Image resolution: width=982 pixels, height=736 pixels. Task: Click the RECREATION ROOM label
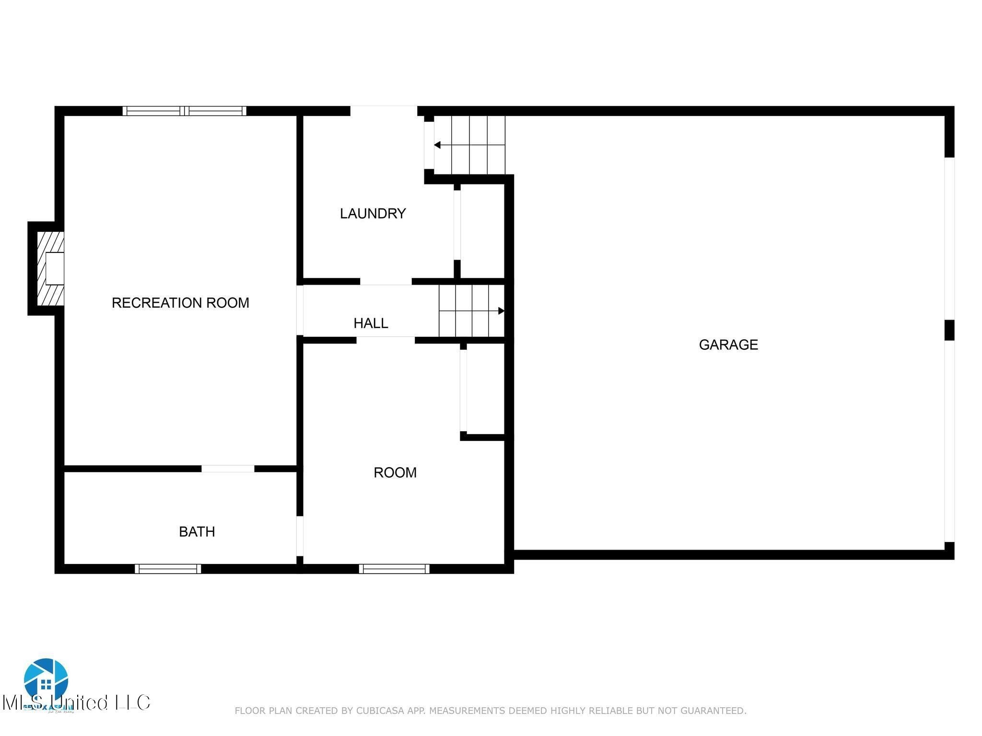pyautogui.click(x=180, y=303)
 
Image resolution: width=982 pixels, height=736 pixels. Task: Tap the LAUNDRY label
pyautogui.click(x=373, y=213)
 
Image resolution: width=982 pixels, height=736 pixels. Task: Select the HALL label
pyautogui.click(x=371, y=323)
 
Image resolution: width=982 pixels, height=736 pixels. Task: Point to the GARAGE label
pyautogui.click(x=728, y=345)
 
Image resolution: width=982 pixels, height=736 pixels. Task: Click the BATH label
pyautogui.click(x=197, y=531)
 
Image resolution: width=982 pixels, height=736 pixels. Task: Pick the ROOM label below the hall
pyautogui.click(x=395, y=472)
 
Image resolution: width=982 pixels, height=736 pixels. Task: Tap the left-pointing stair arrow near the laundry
pyautogui.click(x=437, y=145)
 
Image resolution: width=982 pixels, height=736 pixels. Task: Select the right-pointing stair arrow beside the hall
pyautogui.click(x=501, y=311)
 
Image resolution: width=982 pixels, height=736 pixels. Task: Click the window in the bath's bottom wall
pyautogui.click(x=168, y=569)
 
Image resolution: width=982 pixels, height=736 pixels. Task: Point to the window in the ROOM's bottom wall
pyautogui.click(x=394, y=569)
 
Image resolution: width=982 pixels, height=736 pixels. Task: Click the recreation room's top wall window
pyautogui.click(x=185, y=111)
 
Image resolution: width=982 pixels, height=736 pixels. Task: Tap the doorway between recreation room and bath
pyautogui.click(x=228, y=469)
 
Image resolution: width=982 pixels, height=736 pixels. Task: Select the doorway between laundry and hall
pyautogui.click(x=386, y=282)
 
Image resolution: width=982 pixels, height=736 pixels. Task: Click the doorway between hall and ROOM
pyautogui.click(x=386, y=340)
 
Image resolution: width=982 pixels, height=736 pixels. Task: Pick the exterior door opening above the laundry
pyautogui.click(x=384, y=111)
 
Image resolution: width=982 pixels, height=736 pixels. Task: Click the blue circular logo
pyautogui.click(x=46, y=680)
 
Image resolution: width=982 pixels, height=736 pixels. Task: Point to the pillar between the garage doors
pyautogui.click(x=949, y=330)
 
